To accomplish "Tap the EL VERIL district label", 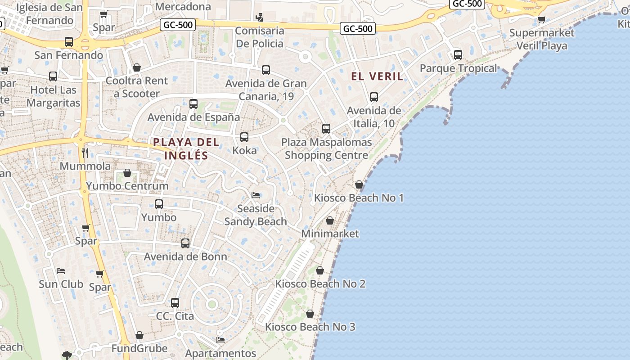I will pos(377,76).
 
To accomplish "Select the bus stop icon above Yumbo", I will pos(159,204).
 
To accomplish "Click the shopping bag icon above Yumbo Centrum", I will pos(127,173).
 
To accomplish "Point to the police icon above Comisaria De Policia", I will pos(259,18).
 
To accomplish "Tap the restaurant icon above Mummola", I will pos(85,153).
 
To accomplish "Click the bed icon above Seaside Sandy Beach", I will pos(256,195).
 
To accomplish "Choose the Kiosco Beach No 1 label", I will pos(359,198).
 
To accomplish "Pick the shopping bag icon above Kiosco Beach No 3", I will pos(310,314).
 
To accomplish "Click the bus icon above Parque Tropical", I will pos(458,55).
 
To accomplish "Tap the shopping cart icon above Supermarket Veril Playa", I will pos(541,19).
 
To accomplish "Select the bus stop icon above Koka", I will pos(244,137).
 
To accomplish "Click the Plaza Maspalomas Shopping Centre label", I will pos(327,149).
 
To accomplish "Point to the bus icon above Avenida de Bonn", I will pos(185,243).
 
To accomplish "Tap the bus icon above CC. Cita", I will pos(175,303).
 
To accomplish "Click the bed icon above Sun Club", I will pos(61,271).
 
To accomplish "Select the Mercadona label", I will pos(183,7).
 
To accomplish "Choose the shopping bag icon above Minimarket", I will pos(330,220).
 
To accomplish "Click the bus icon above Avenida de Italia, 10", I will pos(374,97).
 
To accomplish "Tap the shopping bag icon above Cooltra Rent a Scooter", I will pos(137,67).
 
